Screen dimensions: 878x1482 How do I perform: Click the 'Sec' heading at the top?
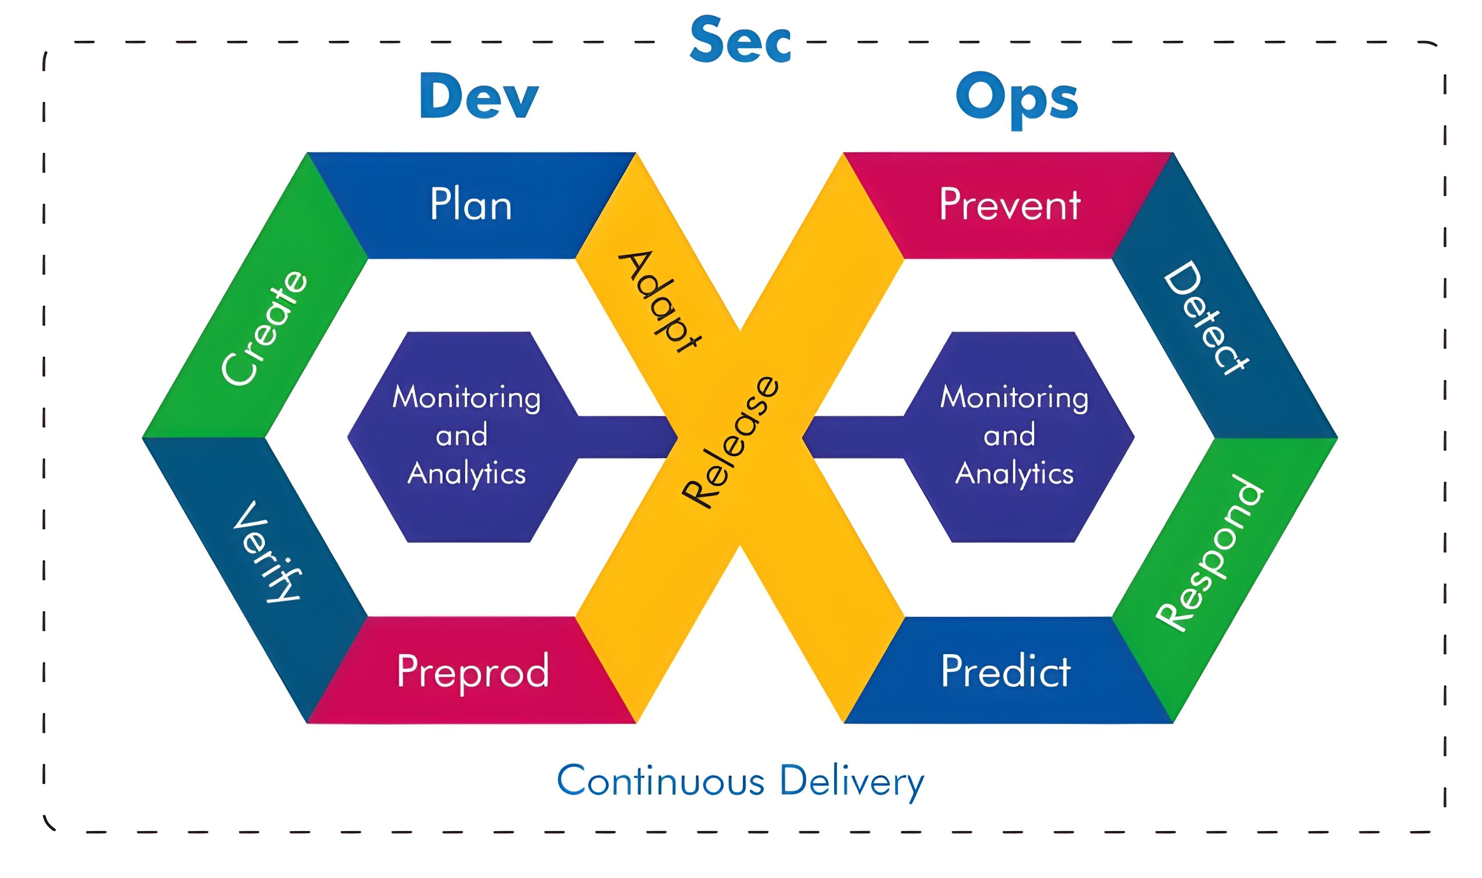740,40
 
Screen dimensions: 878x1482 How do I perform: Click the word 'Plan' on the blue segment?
471,205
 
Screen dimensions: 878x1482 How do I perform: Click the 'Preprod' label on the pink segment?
473,672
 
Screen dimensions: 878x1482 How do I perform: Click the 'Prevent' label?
1010,205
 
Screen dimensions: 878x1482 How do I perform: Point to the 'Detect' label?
1206,318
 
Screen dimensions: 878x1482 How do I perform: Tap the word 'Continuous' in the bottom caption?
661,781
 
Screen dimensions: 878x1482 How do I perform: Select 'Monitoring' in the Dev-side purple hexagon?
466,397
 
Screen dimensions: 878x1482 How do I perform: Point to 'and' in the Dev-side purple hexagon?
461,435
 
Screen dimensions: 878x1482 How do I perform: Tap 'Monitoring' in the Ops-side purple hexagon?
1014,397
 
